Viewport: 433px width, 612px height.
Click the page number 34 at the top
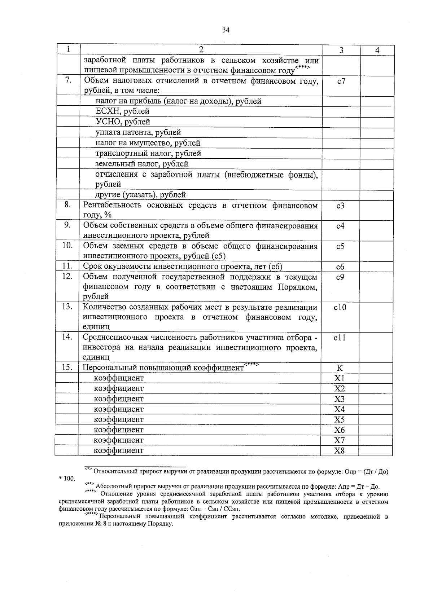coord(226,30)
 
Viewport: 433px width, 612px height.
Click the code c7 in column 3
coord(341,81)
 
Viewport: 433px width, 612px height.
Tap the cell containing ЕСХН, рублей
coord(122,111)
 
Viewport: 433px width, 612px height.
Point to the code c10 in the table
coord(340,308)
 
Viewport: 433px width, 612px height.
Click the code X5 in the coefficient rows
coord(340,420)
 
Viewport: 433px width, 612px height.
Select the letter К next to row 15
coord(340,368)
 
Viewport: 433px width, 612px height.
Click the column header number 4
coord(377,50)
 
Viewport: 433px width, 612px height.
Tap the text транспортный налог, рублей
coord(148,154)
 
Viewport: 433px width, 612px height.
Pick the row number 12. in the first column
coord(67,276)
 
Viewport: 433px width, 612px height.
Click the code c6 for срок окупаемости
coord(340,267)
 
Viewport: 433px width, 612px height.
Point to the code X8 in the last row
coord(340,451)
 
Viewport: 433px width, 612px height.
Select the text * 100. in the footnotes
coord(67,479)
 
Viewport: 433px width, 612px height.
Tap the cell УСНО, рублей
coord(123,122)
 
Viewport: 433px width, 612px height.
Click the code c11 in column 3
coord(340,338)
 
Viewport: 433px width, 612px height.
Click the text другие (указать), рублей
coord(140,195)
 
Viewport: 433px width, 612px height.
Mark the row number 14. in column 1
coord(67,337)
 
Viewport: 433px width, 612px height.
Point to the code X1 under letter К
coord(340,378)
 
